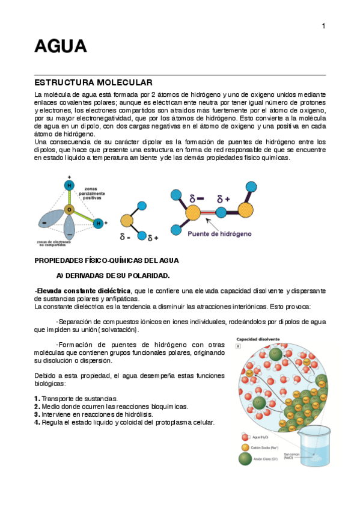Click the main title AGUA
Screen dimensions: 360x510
point(61,46)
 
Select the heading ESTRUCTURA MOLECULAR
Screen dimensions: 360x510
point(93,82)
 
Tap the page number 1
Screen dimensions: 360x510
point(323,25)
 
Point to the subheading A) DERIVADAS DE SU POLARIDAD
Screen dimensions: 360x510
point(113,275)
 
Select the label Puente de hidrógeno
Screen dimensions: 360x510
point(219,233)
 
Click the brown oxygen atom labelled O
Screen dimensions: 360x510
point(70,210)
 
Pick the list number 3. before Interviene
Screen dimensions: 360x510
point(37,414)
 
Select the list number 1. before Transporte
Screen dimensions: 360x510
point(37,399)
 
